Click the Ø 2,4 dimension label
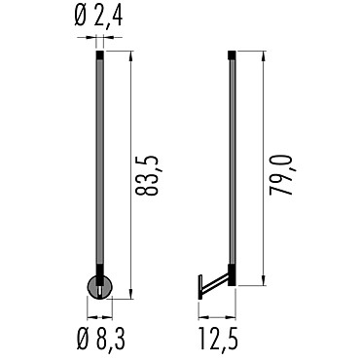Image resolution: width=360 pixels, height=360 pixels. (98, 17)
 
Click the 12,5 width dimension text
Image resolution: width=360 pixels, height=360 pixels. (218, 339)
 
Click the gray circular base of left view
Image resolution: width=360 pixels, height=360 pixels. (100, 287)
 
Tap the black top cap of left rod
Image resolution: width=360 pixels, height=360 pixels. (100, 54)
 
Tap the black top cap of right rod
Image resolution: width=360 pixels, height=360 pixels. (232, 54)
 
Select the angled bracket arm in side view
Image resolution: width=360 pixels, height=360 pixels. (215, 282)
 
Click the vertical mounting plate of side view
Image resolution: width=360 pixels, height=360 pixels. (200, 287)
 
